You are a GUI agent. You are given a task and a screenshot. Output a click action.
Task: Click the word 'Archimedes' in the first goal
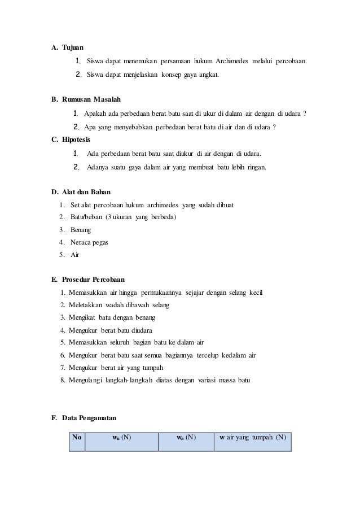coord(235,60)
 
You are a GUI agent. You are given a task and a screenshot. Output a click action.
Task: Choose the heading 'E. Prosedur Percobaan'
coord(88,279)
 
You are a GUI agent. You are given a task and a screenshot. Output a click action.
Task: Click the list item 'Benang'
coord(81,230)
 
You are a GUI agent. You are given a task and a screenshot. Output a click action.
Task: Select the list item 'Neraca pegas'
coord(89,242)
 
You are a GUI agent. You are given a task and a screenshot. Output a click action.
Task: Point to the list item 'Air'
coord(75,255)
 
